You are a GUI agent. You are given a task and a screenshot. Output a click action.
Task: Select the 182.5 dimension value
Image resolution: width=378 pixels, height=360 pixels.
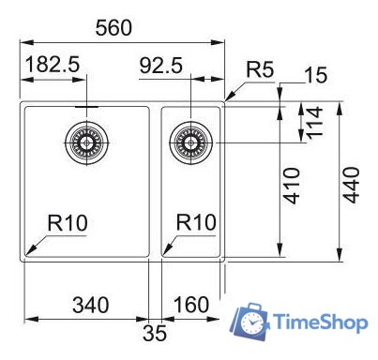click(53, 67)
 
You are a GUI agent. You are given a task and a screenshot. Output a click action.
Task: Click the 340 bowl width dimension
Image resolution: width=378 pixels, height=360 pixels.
click(90, 305)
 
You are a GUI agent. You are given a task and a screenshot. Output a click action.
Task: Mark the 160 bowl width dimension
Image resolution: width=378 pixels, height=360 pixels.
click(191, 305)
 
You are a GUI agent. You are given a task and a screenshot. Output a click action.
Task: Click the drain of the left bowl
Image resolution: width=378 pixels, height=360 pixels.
click(84, 142)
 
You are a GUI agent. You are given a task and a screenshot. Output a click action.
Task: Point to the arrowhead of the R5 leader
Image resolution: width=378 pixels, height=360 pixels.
click(229, 98)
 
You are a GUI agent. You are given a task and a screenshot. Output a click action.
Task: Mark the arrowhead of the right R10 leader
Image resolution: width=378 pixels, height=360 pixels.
click(166, 251)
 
